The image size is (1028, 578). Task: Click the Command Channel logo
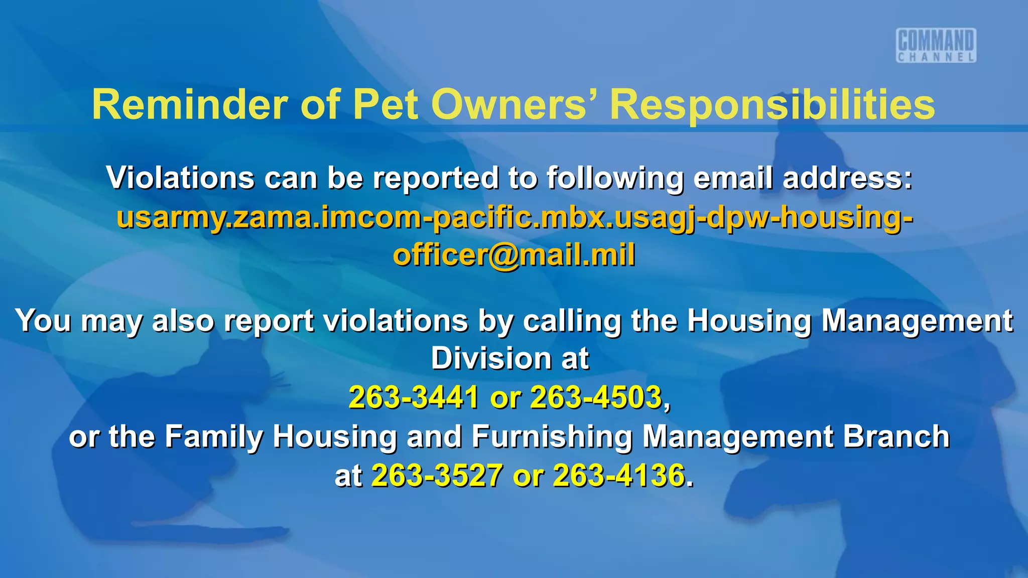pos(936,45)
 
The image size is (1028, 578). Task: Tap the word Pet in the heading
pos(385,104)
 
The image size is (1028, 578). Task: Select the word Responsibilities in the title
pos(772,104)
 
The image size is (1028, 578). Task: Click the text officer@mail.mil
pos(514,255)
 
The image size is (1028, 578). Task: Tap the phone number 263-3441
pos(414,397)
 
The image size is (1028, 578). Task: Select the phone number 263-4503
pos(596,397)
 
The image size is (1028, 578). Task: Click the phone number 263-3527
pos(437,475)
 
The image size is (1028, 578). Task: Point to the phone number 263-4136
pos(619,475)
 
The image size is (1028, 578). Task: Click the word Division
pos(491,359)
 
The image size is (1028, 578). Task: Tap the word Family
pos(214,436)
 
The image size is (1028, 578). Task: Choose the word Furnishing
pos(552,436)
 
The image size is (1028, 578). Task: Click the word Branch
pos(896,436)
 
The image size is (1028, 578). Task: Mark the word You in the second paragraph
pos(43,321)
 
